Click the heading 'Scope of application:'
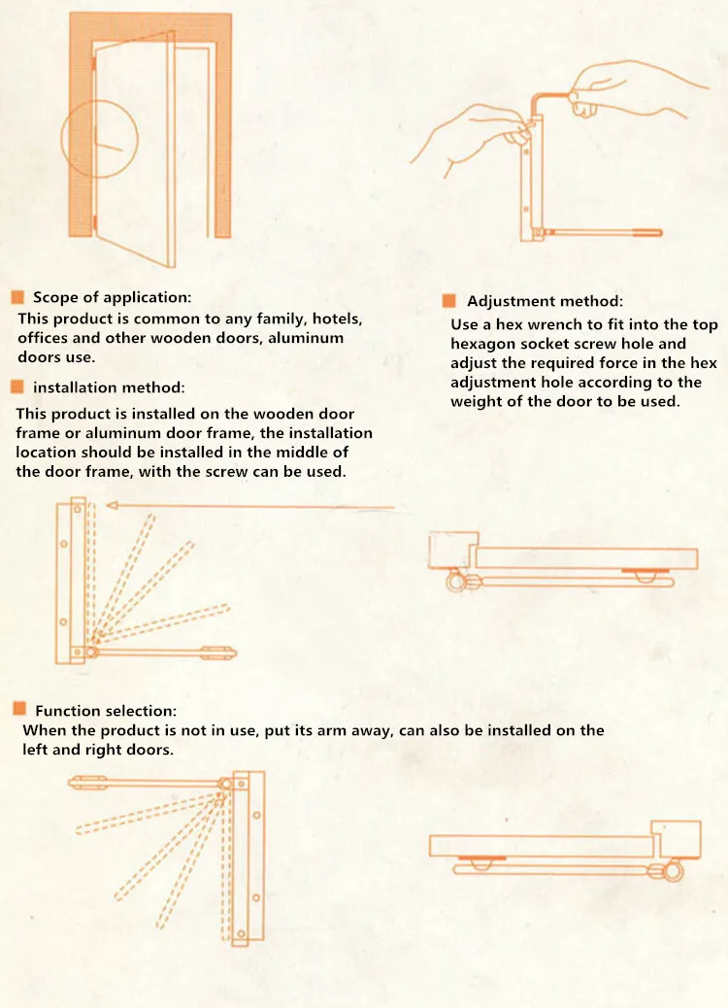tap(112, 297)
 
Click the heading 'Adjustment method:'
tap(545, 301)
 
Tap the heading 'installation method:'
tap(109, 387)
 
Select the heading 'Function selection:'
tap(106, 710)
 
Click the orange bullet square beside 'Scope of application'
tap(17, 297)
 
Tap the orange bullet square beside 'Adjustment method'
tap(449, 301)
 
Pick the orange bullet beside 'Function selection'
tap(19, 709)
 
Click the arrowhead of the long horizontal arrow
tap(112, 506)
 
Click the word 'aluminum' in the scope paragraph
tap(306, 338)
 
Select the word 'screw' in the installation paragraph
tap(226, 472)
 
